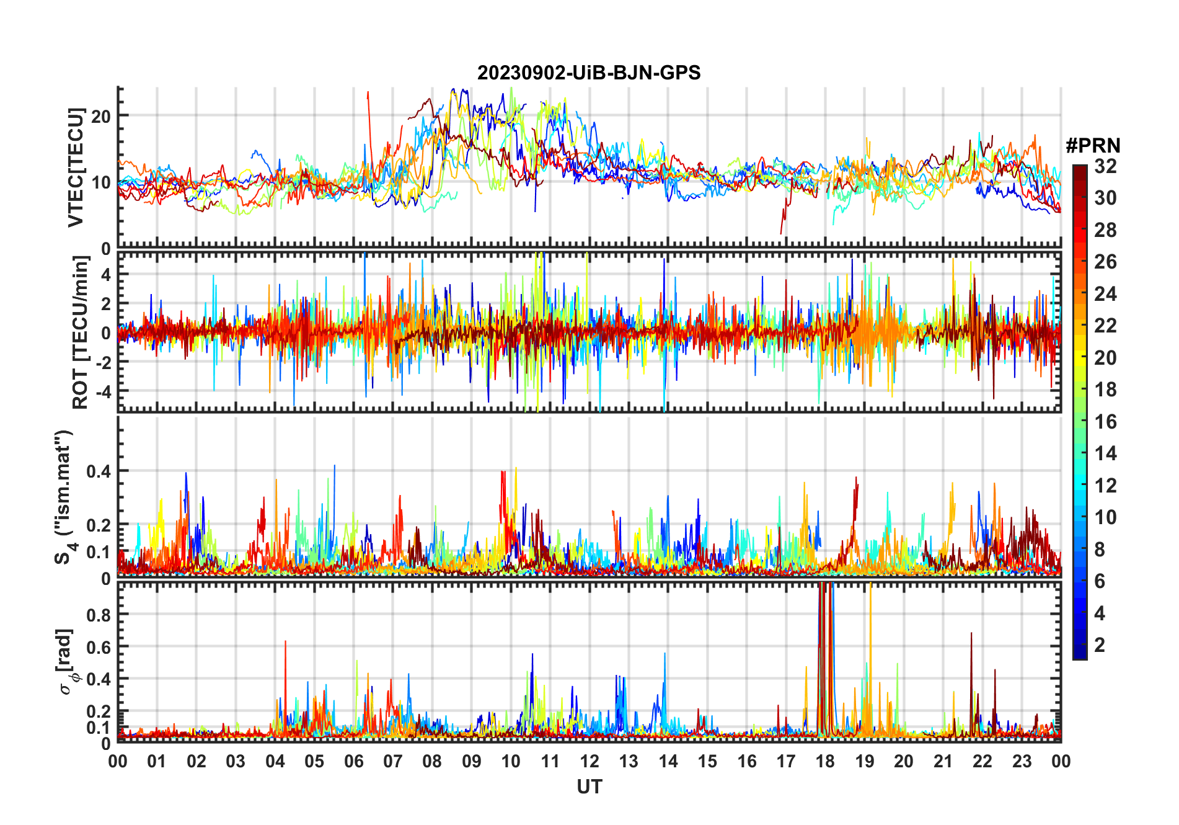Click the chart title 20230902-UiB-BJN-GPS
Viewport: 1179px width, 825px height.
(x=589, y=73)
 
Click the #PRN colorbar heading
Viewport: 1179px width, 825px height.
(x=1093, y=146)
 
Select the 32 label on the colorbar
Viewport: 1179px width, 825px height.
(x=1105, y=166)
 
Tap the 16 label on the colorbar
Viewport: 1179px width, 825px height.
(x=1105, y=422)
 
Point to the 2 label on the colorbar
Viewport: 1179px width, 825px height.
(x=1100, y=645)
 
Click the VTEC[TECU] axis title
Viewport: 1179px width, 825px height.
(x=76, y=167)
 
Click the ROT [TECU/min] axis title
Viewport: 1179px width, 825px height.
(x=81, y=332)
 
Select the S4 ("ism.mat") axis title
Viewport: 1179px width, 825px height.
(x=64, y=497)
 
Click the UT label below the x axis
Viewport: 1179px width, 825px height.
(x=589, y=787)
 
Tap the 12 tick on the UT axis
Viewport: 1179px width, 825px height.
(x=589, y=762)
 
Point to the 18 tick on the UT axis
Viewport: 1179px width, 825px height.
(x=825, y=762)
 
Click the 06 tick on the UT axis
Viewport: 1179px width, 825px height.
(x=354, y=762)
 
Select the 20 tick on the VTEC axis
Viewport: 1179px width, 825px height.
(x=101, y=116)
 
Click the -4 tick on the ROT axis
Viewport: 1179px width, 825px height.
(x=101, y=391)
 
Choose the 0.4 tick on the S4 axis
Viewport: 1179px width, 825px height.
(x=98, y=471)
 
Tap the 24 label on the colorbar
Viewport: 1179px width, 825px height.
(x=1105, y=294)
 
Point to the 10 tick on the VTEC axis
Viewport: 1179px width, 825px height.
(x=101, y=182)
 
